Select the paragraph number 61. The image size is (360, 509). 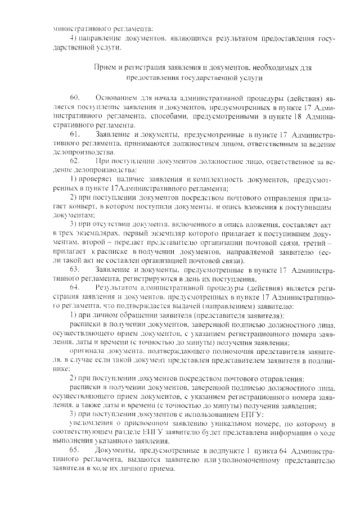pyautogui.click(x=75, y=136)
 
